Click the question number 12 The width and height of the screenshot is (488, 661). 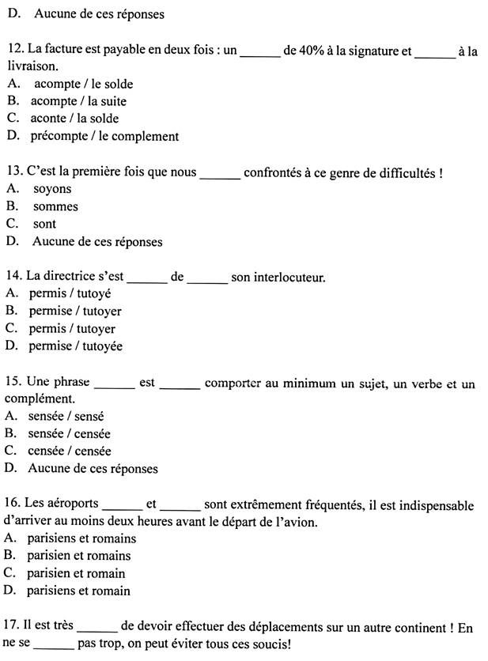[13, 51]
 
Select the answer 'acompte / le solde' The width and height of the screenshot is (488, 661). [82, 84]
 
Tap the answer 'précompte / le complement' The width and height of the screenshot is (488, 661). [104, 136]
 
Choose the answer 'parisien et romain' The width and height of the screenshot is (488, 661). [76, 573]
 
